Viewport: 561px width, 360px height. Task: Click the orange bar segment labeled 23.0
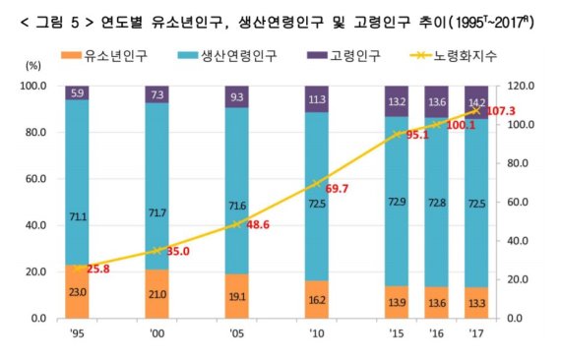click(78, 292)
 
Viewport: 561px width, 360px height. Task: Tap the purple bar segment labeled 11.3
click(316, 98)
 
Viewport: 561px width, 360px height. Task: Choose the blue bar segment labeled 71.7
click(157, 186)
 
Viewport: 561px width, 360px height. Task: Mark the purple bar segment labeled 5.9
click(78, 92)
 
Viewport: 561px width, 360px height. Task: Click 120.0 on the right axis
click(525, 86)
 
